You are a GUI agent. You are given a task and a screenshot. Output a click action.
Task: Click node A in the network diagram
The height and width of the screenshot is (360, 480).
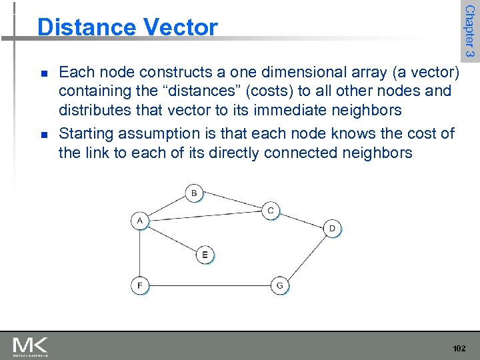tap(139, 221)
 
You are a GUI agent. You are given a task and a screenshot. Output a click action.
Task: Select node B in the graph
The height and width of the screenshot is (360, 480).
tap(194, 193)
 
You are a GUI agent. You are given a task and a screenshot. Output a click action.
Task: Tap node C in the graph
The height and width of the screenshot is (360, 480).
tap(271, 211)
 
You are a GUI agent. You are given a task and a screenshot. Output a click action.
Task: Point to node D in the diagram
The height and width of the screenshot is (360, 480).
tap(333, 229)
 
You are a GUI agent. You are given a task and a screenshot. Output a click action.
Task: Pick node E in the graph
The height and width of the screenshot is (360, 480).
tap(205, 255)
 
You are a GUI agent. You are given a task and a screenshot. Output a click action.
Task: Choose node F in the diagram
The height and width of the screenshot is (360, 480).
tap(139, 286)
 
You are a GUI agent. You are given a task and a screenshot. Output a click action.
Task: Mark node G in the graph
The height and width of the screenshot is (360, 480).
tap(279, 286)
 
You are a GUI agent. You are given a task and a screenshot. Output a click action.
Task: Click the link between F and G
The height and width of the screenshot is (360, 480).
tap(209, 286)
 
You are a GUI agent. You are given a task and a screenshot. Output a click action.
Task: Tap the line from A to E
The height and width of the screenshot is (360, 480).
tap(172, 237)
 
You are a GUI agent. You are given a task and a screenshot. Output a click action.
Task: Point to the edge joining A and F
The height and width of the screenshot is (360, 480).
tap(139, 253)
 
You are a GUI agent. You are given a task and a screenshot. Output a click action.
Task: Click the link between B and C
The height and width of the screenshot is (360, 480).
tap(233, 202)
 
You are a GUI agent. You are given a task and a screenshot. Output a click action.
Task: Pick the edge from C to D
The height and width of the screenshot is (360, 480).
tap(301, 220)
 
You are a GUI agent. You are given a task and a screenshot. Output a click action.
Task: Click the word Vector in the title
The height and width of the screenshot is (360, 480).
tap(179, 27)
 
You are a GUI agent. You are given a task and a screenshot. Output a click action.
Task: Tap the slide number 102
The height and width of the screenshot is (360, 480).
tap(458, 348)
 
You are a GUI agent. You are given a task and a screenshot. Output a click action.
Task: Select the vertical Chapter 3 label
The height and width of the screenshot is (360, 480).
tap(469, 30)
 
